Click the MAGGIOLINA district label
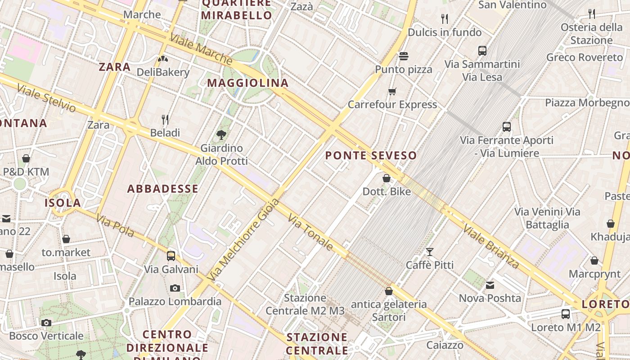point(247,83)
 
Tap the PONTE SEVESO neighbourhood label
point(371,156)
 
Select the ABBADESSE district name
point(162,189)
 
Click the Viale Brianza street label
point(491,246)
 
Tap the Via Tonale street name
point(311,232)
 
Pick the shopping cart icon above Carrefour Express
point(392,92)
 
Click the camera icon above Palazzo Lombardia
point(175,288)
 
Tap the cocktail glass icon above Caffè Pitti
point(430,252)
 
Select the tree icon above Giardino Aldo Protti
point(221,134)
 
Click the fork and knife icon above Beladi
point(165,119)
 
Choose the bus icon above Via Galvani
point(171,256)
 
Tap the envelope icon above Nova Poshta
point(490,285)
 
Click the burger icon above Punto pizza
point(404,56)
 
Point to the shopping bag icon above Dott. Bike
point(387,178)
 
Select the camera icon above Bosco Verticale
point(46,322)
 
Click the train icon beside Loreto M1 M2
point(566,314)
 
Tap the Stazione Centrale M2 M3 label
point(305,304)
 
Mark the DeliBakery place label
point(163,72)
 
